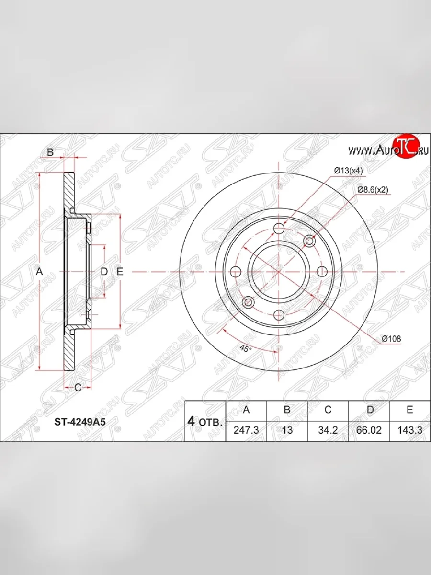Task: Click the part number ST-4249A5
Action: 80,422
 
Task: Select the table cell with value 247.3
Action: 246,430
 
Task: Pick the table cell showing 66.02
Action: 369,430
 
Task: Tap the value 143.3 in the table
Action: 410,430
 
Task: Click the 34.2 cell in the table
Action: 328,430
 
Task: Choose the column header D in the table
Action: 369,410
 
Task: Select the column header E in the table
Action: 410,410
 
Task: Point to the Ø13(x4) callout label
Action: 348,171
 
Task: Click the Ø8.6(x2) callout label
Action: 373,190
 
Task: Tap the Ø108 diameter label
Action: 391,339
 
